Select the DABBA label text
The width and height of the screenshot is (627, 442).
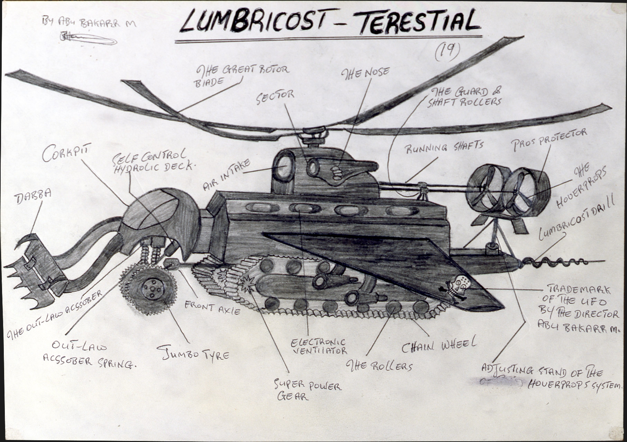coord(33,197)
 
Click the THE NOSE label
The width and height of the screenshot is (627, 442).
coord(365,72)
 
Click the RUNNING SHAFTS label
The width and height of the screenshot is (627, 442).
coord(444,147)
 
